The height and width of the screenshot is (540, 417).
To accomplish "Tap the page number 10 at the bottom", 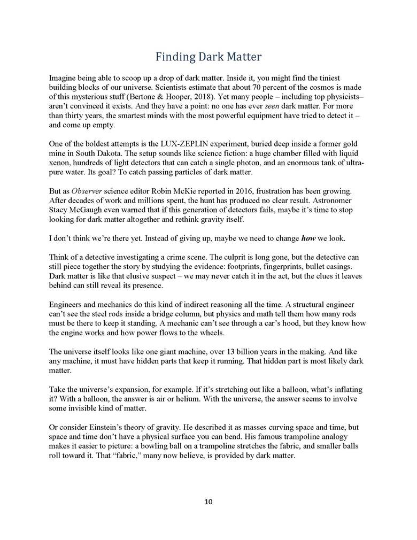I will click(x=208, y=502).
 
